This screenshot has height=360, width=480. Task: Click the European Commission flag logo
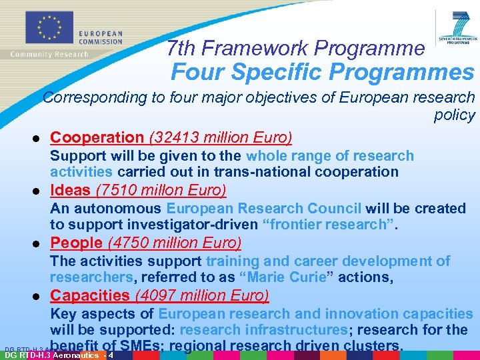(x=47, y=27)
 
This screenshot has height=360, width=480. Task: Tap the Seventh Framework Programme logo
(x=459, y=27)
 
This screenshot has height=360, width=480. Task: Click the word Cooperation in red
(x=97, y=138)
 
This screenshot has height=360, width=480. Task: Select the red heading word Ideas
(x=70, y=191)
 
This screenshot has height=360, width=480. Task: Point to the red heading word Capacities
(x=90, y=295)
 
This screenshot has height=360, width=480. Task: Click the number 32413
(x=176, y=138)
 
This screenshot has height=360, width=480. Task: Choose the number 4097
(x=162, y=295)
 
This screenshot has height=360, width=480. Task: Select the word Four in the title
(x=198, y=71)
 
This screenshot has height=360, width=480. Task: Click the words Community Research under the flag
(x=49, y=54)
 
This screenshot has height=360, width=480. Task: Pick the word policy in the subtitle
(x=454, y=115)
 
